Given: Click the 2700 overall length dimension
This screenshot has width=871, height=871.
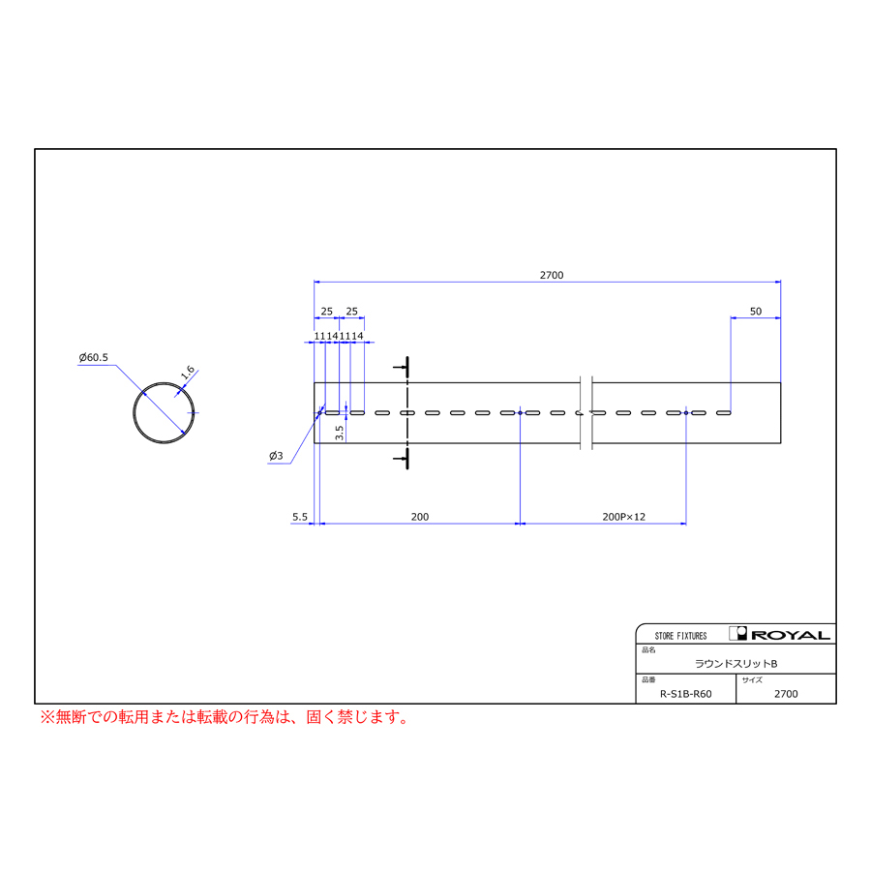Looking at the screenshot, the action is (552, 275).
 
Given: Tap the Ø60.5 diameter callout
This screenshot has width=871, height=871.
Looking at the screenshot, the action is (93, 357).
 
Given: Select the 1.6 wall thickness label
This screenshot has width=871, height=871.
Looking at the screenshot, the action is (189, 373).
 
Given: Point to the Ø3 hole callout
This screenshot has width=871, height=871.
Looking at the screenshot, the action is (276, 456).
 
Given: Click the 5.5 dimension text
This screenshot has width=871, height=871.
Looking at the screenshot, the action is (300, 517).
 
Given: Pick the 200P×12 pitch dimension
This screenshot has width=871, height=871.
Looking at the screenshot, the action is (624, 517).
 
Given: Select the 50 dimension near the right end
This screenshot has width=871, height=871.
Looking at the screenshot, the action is (756, 311).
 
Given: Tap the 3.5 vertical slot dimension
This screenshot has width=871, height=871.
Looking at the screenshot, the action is (340, 433).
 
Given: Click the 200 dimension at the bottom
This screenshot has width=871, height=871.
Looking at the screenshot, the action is (420, 517).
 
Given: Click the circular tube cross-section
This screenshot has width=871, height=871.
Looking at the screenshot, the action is (164, 382).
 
